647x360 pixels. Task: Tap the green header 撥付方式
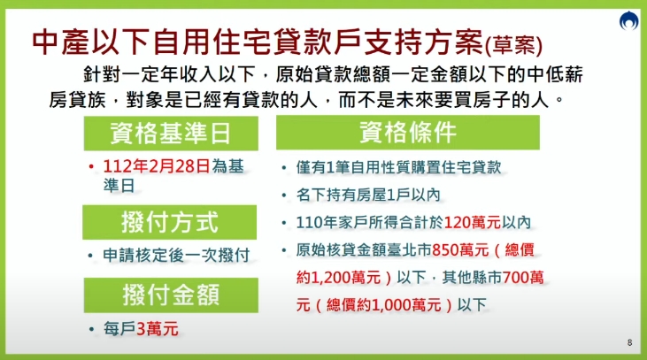tap(170, 221)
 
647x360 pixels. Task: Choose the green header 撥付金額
tap(170, 294)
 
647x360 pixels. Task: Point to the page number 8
tap(629, 342)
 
